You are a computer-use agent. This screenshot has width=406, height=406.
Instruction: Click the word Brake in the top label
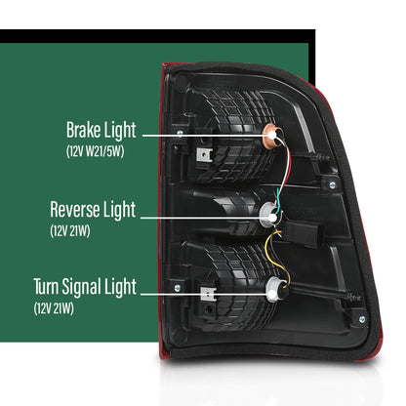click(x=84, y=130)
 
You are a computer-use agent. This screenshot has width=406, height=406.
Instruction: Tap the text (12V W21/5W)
click(x=96, y=151)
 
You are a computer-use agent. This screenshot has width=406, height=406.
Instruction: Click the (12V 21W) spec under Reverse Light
click(x=70, y=231)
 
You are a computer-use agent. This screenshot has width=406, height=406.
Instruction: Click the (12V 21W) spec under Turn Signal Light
click(x=54, y=308)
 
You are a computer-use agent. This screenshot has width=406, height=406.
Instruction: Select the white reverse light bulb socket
click(x=269, y=214)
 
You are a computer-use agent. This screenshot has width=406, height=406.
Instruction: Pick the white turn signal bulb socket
click(x=275, y=289)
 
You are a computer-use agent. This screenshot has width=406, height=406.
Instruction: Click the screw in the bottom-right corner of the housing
click(x=362, y=319)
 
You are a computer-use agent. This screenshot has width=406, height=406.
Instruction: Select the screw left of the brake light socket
click(x=180, y=133)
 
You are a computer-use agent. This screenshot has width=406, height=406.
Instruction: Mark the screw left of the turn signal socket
click(x=178, y=288)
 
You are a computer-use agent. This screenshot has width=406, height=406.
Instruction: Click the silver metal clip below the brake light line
click(x=204, y=155)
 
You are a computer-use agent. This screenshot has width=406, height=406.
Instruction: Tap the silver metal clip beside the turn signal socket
click(x=208, y=294)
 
